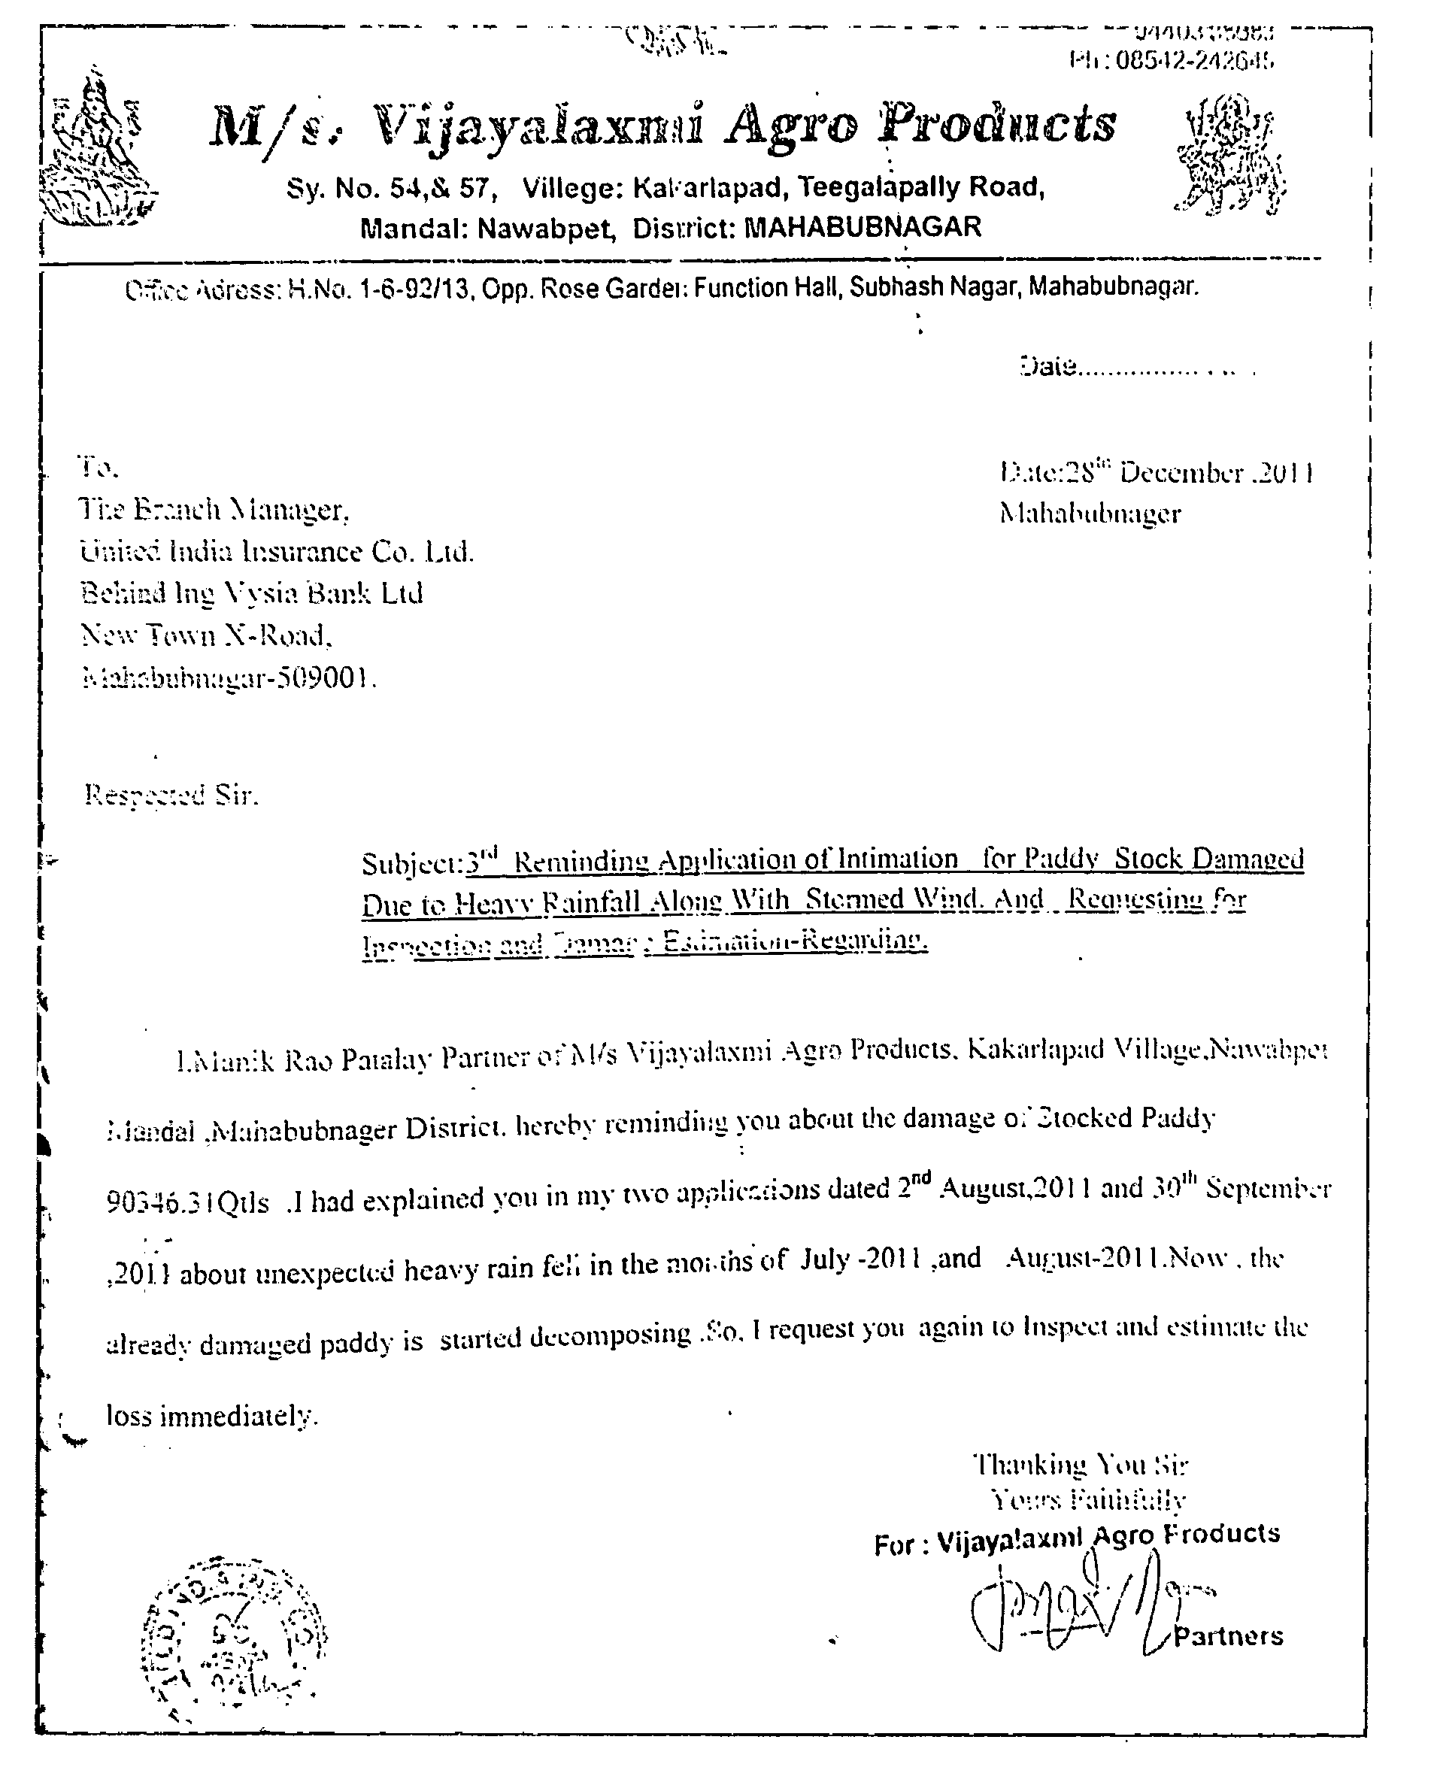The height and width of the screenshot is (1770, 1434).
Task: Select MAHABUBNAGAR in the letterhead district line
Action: coord(863,226)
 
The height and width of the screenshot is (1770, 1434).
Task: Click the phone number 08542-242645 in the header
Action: coord(1193,60)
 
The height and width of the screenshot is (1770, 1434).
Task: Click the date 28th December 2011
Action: coord(1157,472)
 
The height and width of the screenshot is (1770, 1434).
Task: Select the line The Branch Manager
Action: coord(214,510)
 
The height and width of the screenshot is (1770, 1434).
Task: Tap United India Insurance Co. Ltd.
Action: coord(277,552)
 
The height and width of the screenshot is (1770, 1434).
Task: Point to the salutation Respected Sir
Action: coord(171,796)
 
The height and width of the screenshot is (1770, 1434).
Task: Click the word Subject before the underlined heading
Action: coord(411,864)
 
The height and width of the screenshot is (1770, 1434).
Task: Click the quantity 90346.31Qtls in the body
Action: coord(187,1202)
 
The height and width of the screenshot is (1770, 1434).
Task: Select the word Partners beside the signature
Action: coord(1227,1636)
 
